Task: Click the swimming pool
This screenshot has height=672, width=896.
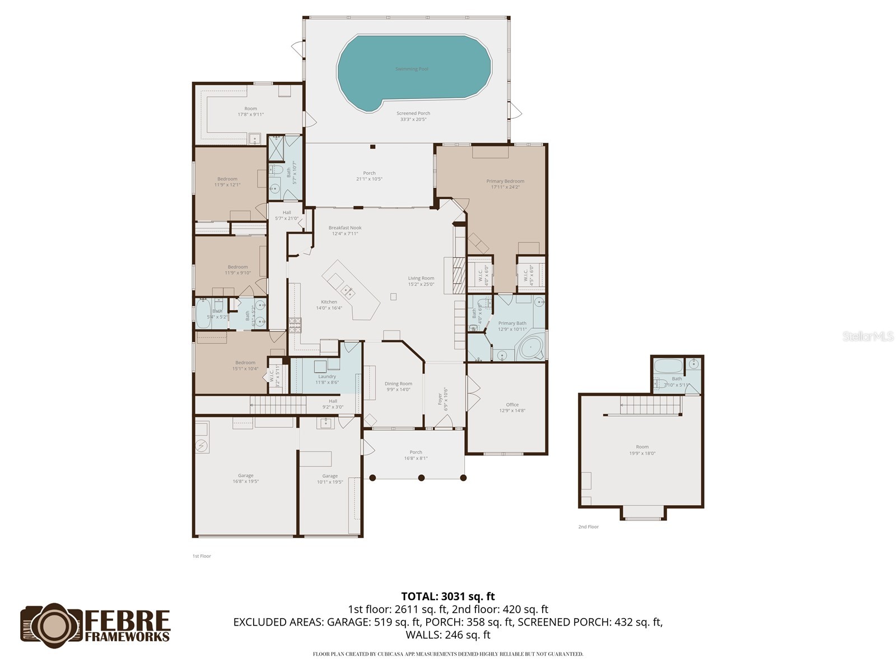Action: point(413,70)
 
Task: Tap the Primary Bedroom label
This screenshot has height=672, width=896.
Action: point(505,184)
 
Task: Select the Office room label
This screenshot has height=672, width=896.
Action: point(512,407)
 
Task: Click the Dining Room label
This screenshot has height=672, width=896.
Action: point(398,386)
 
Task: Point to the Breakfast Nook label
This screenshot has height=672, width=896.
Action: point(345,230)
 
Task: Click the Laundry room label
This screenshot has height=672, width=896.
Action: point(327,379)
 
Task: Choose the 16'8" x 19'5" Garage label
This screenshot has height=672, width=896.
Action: point(245,478)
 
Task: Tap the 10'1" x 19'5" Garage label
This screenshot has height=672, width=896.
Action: point(330,479)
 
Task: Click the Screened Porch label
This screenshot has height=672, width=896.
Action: point(413,116)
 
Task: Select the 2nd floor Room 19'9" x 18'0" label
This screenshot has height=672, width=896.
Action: point(642,450)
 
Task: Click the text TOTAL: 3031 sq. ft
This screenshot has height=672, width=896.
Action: point(448,596)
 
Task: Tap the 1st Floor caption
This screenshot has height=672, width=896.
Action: point(202,556)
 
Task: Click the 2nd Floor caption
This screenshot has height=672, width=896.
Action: point(589,527)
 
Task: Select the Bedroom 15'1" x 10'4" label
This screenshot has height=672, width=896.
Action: point(245,365)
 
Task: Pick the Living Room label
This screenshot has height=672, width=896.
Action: point(421,281)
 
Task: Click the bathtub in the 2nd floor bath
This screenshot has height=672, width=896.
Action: point(668,367)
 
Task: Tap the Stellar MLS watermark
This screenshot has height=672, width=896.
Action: point(868,337)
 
